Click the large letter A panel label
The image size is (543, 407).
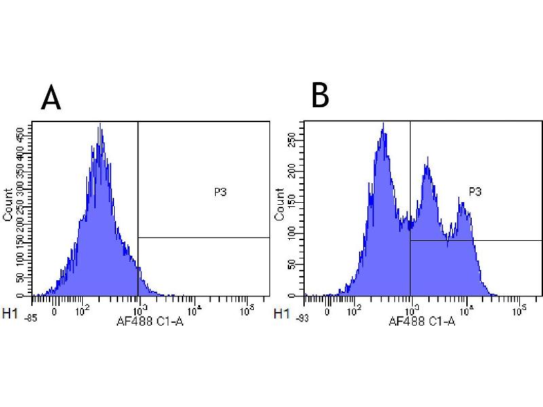pyautogui.click(x=51, y=98)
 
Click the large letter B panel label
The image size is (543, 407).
pyautogui.click(x=320, y=96)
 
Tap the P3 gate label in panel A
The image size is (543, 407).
pyautogui.click(x=220, y=193)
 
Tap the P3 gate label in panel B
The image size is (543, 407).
pyautogui.click(x=475, y=192)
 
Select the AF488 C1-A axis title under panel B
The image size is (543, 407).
pyautogui.click(x=422, y=322)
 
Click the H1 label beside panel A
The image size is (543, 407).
pyautogui.click(x=10, y=314)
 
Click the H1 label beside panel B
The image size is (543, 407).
pyautogui.click(x=280, y=314)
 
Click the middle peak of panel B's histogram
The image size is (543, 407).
pyautogui.click(x=427, y=160)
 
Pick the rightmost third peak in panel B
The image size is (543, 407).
pyautogui.click(x=463, y=203)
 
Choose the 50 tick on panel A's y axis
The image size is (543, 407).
pyautogui.click(x=26, y=278)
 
